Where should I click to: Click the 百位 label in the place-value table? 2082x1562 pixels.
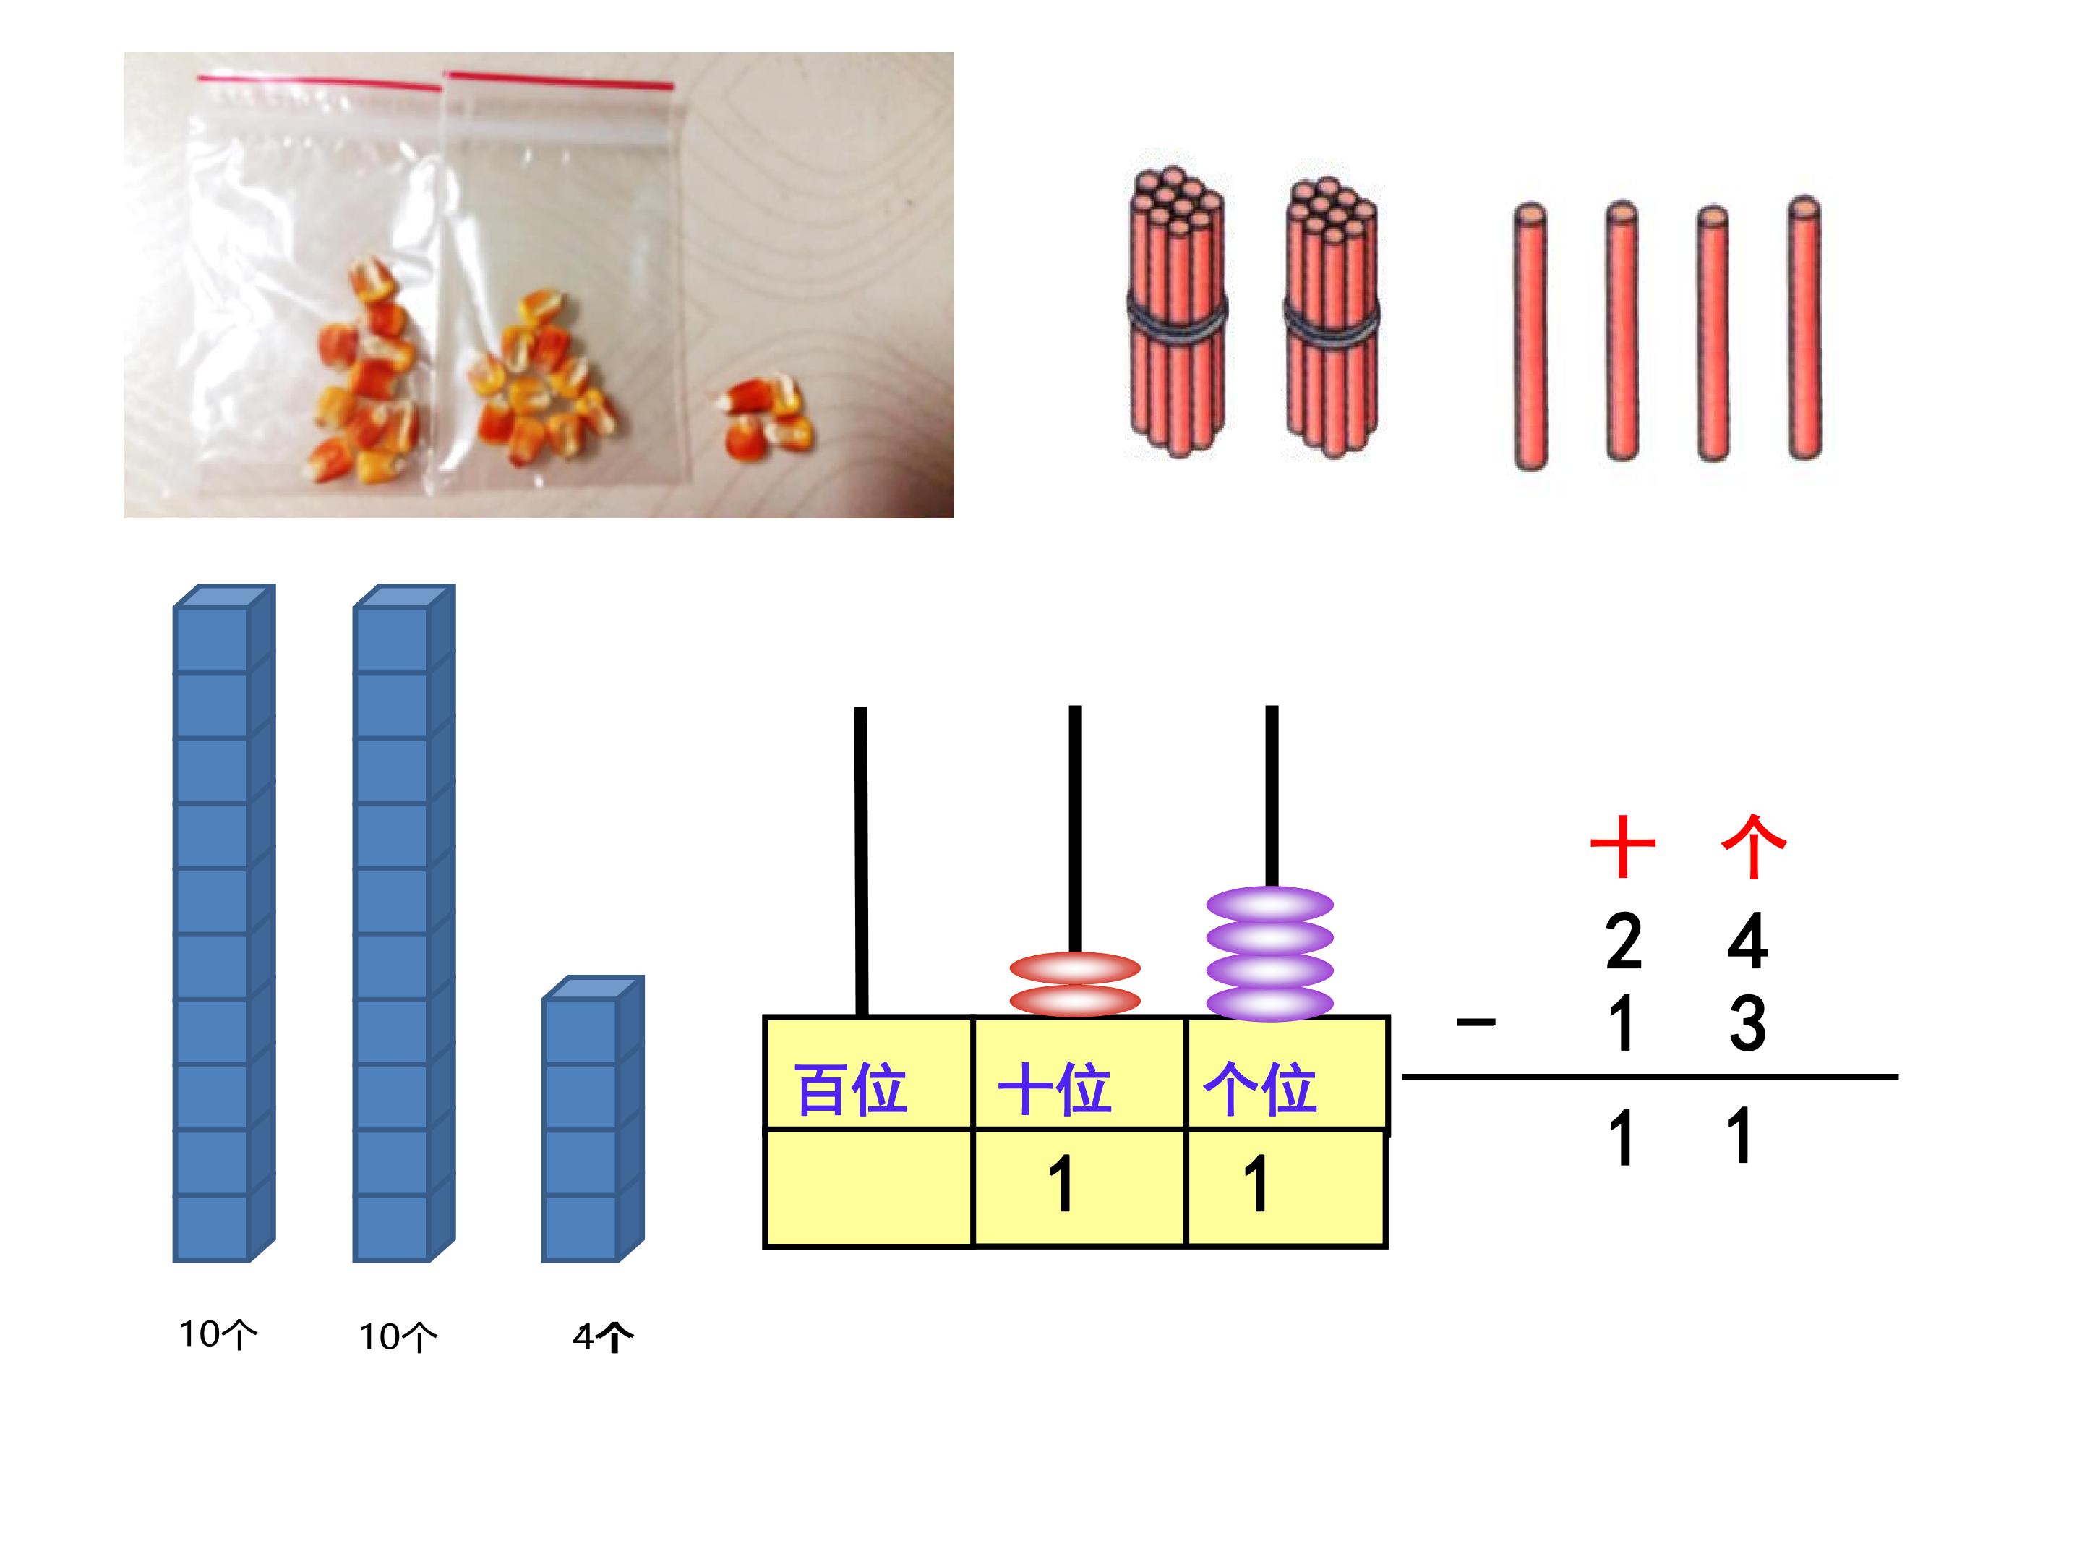(x=851, y=1089)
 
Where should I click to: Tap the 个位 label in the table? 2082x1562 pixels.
(x=1260, y=1089)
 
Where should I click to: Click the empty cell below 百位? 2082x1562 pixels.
(x=867, y=1188)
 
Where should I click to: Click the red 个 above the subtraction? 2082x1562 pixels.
(x=1752, y=846)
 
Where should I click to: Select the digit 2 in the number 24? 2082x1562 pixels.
(x=1624, y=941)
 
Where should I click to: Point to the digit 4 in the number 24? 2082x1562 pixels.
(x=1748, y=941)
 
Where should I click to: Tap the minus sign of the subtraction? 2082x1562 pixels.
(x=1476, y=1022)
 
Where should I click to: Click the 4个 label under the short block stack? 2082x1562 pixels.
(x=602, y=1337)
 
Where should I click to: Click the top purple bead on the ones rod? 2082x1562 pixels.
(x=1269, y=905)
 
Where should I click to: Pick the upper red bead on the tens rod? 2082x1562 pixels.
(x=1075, y=968)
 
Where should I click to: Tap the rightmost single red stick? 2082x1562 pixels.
(x=1804, y=330)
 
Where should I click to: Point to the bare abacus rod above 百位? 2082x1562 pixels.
(x=860, y=857)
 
